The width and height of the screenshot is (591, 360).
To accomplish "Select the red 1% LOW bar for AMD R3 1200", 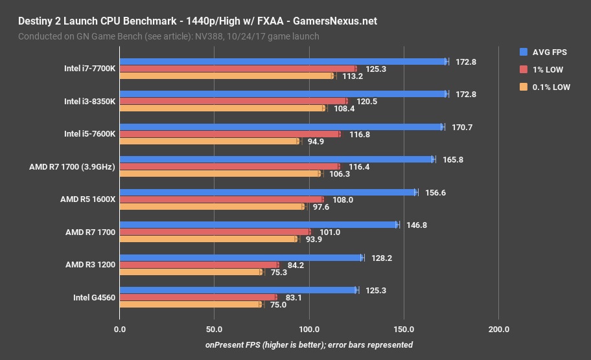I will [x=199, y=265].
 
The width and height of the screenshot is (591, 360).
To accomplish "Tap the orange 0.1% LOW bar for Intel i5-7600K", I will [x=209, y=141].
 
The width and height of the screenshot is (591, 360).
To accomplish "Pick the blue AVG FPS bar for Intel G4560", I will [x=238, y=290].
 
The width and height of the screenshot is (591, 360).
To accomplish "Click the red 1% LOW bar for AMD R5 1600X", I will [x=221, y=199].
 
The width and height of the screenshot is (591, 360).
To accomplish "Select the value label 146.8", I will [x=417, y=225].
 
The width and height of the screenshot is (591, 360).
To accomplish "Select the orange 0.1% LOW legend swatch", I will [x=524, y=87].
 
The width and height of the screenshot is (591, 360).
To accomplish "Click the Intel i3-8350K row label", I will [x=89, y=101].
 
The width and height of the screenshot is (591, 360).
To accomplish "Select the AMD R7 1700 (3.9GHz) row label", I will [x=72, y=166].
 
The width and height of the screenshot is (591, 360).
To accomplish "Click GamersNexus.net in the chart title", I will [x=334, y=21].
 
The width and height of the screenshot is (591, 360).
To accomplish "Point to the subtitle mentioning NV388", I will [x=168, y=36].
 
